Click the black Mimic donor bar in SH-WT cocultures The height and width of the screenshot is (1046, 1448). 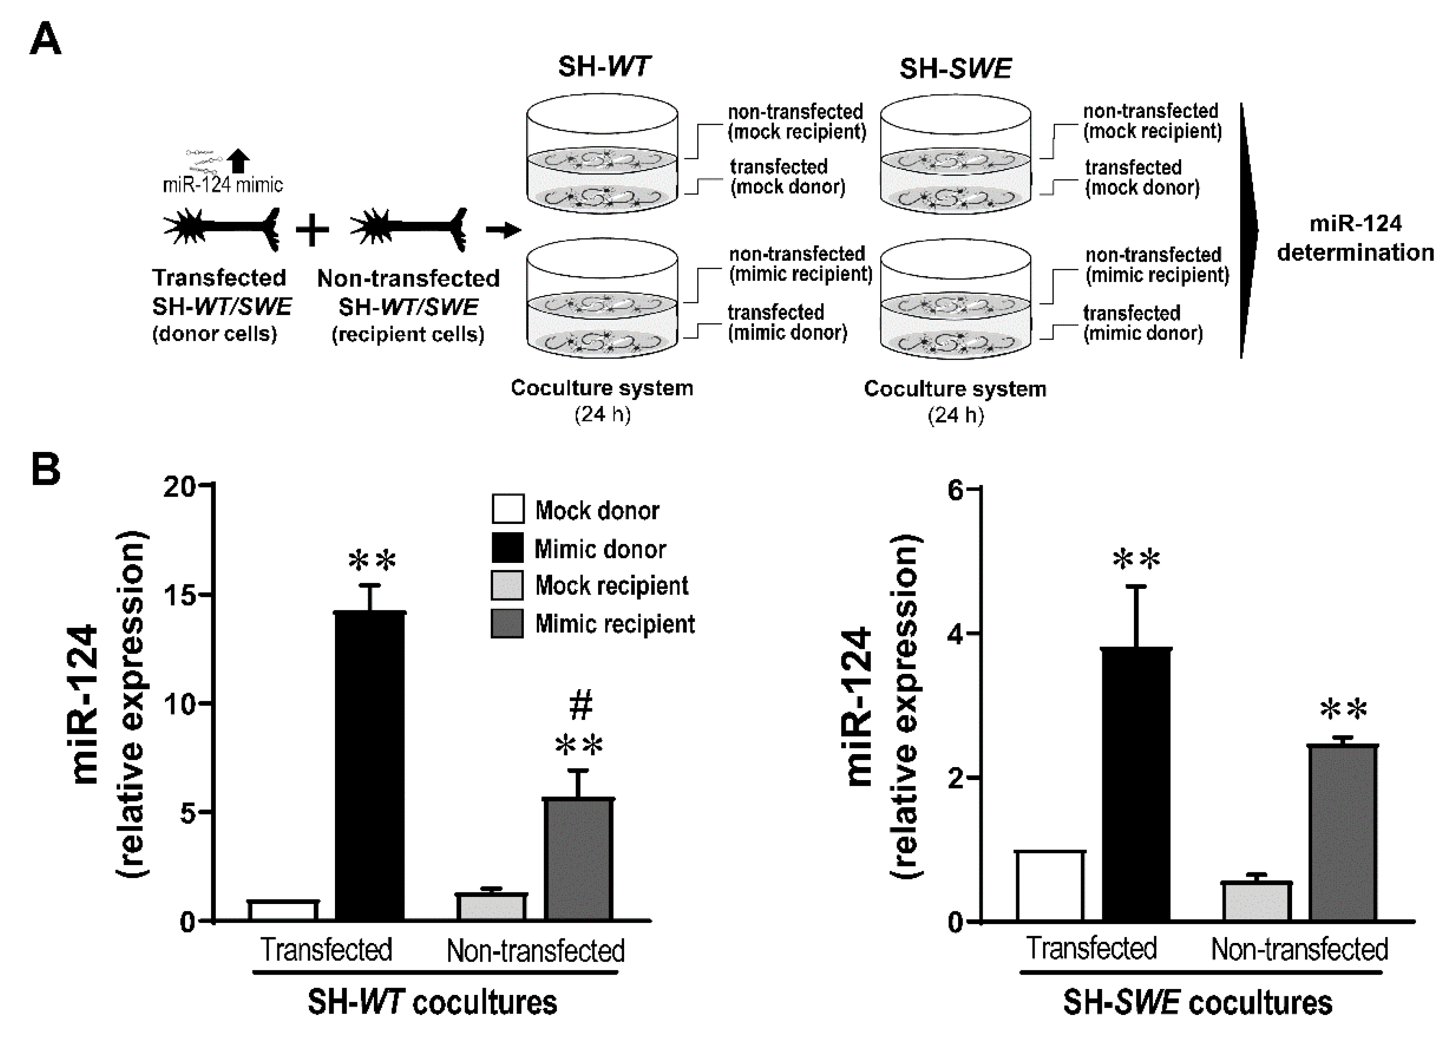pyautogui.click(x=370, y=766)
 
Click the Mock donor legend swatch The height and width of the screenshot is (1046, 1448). pyautogui.click(x=508, y=509)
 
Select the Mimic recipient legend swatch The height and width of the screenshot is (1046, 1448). pyautogui.click(x=508, y=623)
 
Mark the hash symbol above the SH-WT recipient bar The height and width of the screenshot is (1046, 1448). pyautogui.click(x=580, y=705)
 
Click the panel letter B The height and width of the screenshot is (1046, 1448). pyautogui.click(x=46, y=469)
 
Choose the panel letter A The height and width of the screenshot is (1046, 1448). pyautogui.click(x=46, y=39)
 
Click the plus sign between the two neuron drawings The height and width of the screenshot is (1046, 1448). pyautogui.click(x=312, y=230)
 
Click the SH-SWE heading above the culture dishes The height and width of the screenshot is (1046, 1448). pyautogui.click(x=955, y=68)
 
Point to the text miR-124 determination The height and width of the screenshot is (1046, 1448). pyautogui.click(x=1355, y=238)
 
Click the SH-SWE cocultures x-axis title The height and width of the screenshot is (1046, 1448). pyautogui.click(x=1197, y=1002)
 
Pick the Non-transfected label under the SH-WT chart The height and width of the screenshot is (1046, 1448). pyautogui.click(x=535, y=951)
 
